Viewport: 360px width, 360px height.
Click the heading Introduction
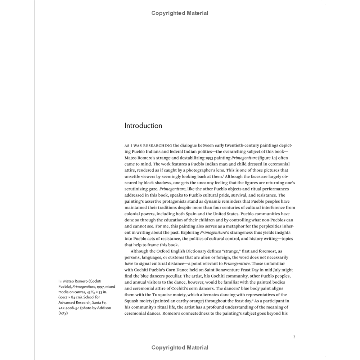[143, 126]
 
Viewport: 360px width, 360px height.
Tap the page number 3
[294, 337]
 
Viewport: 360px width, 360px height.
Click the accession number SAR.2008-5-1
[72, 307]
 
